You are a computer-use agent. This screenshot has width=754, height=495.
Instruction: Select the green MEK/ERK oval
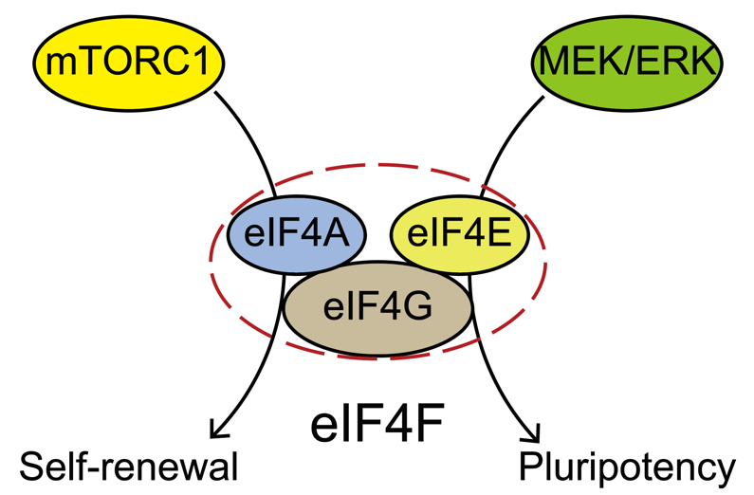point(626,64)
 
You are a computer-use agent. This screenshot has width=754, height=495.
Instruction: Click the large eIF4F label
point(377,425)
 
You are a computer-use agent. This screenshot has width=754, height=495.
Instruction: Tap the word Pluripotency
point(627,467)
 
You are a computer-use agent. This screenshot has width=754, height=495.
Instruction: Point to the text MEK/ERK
point(626,64)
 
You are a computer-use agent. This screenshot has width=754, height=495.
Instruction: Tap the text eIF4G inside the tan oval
point(377,309)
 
